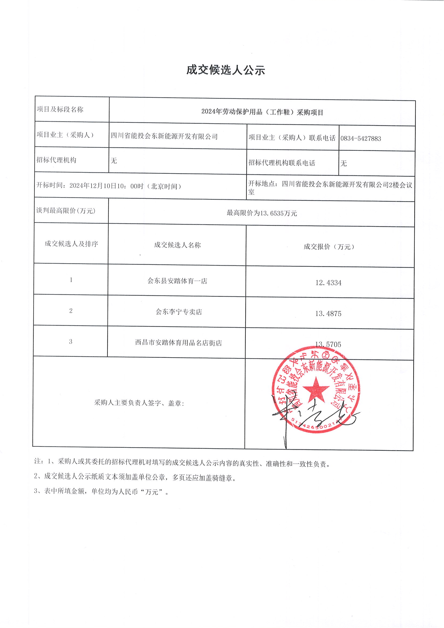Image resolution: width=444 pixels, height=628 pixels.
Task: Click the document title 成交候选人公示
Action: [x=226, y=70]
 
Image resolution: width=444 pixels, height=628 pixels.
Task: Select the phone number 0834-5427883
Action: [x=360, y=138]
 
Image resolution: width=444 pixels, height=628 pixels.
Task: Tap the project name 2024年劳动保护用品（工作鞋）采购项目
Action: [x=262, y=112]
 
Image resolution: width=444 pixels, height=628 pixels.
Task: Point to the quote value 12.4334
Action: [x=328, y=283]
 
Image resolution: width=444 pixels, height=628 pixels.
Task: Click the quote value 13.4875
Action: [x=328, y=314]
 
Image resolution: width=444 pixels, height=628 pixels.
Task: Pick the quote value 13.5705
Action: [x=328, y=344]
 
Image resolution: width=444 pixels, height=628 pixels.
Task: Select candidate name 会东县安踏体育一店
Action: [x=177, y=281]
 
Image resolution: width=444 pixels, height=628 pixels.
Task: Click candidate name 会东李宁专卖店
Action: [x=179, y=312]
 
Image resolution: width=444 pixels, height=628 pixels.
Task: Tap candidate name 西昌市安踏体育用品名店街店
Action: [x=178, y=343]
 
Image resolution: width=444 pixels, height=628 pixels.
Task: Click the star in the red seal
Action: [x=316, y=389]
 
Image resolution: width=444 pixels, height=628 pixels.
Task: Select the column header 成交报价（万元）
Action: [x=329, y=247]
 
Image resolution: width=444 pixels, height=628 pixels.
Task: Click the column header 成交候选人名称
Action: [x=177, y=245]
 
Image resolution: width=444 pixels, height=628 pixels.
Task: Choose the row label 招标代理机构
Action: [x=56, y=160]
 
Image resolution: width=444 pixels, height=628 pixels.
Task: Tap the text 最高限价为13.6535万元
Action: [x=262, y=213]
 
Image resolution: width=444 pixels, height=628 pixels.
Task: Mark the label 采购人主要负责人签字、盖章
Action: [x=139, y=403]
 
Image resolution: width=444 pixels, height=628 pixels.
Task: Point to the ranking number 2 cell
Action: [x=71, y=311]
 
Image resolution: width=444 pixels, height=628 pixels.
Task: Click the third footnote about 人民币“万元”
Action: [x=101, y=492]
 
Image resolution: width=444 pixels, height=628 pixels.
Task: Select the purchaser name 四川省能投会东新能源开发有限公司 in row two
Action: [x=164, y=136]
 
